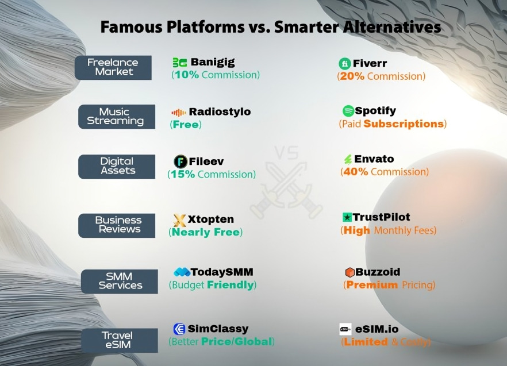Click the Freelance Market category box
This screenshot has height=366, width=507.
(113, 67)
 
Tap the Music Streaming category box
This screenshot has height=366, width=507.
(117, 117)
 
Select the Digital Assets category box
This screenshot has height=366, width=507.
(117, 166)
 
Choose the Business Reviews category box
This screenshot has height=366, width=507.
(117, 225)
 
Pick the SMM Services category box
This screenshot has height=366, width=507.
(119, 281)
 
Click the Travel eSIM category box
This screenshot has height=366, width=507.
(119, 340)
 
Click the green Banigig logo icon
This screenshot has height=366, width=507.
(179, 63)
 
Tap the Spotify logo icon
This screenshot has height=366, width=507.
(348, 111)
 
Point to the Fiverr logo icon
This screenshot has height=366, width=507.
(344, 63)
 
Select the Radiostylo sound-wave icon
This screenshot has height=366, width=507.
(178, 112)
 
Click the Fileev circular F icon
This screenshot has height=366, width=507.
(180, 161)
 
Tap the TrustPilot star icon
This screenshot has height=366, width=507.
(347, 217)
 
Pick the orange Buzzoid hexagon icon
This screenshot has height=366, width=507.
(349, 272)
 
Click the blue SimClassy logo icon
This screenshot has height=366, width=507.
(179, 329)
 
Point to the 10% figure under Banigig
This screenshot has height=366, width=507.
(186, 75)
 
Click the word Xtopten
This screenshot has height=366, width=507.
(211, 219)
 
